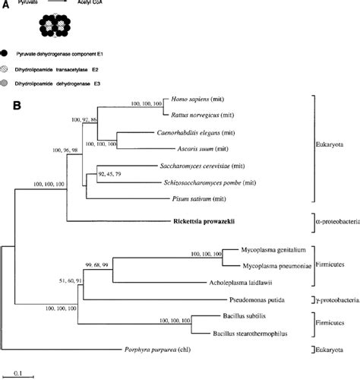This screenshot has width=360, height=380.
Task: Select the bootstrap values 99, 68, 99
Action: [x=111, y=262]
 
